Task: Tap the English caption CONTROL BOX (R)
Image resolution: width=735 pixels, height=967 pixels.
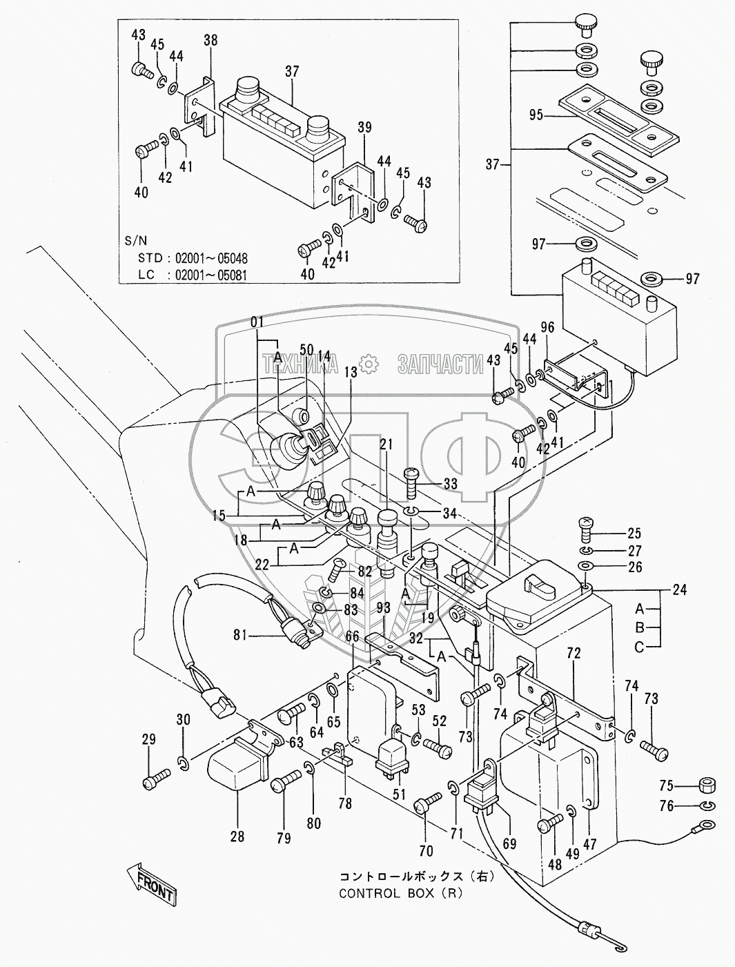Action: (x=400, y=892)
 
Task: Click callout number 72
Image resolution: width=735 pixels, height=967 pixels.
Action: (x=574, y=652)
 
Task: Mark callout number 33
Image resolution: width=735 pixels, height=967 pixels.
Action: (x=450, y=485)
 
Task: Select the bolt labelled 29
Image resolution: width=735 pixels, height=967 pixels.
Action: (x=153, y=782)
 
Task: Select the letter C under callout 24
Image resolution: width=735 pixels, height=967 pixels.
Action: (x=639, y=647)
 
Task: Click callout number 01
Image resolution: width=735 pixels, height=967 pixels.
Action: (x=257, y=321)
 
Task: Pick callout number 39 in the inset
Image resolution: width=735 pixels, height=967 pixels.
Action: (x=365, y=127)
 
